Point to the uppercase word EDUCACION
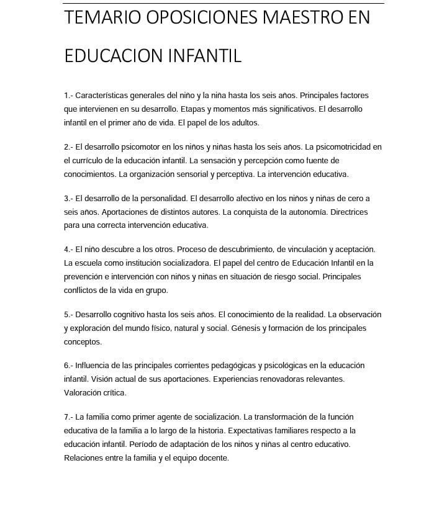114,56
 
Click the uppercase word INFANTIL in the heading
205,56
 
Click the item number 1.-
68,96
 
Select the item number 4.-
68,250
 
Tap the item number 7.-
68,417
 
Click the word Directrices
349,212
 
